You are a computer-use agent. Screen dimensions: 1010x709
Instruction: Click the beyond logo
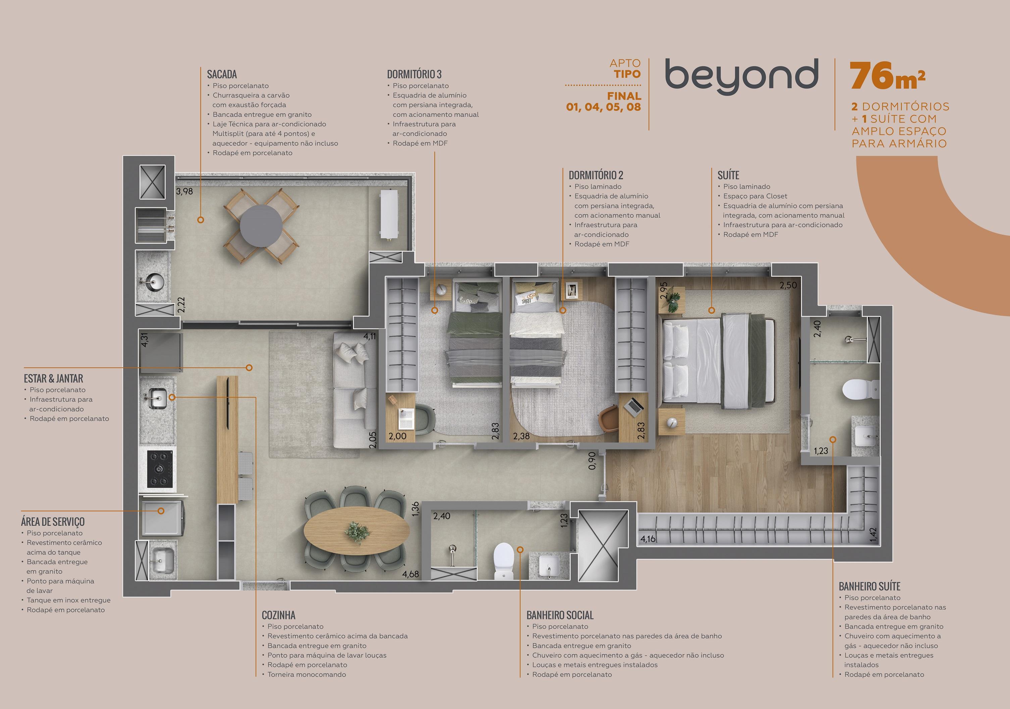[x=741, y=77]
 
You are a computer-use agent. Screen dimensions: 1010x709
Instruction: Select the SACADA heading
[x=222, y=74]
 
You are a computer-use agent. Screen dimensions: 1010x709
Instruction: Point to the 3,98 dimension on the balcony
[x=184, y=191]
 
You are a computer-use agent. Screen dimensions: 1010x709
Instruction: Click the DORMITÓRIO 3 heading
[x=414, y=74]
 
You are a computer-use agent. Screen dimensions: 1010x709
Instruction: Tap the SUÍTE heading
[x=728, y=175]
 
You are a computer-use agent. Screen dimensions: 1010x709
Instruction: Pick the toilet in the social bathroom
[x=504, y=561]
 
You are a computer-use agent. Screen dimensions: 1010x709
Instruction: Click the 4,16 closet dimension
[x=648, y=539]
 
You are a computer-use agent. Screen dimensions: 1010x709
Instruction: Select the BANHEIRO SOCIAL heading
[x=560, y=615]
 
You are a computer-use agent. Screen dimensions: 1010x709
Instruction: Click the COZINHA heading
[x=279, y=615]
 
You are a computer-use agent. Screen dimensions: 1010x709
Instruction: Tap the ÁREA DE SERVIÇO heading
[x=53, y=522]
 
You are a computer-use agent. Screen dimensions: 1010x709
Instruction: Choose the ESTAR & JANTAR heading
[x=53, y=379]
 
